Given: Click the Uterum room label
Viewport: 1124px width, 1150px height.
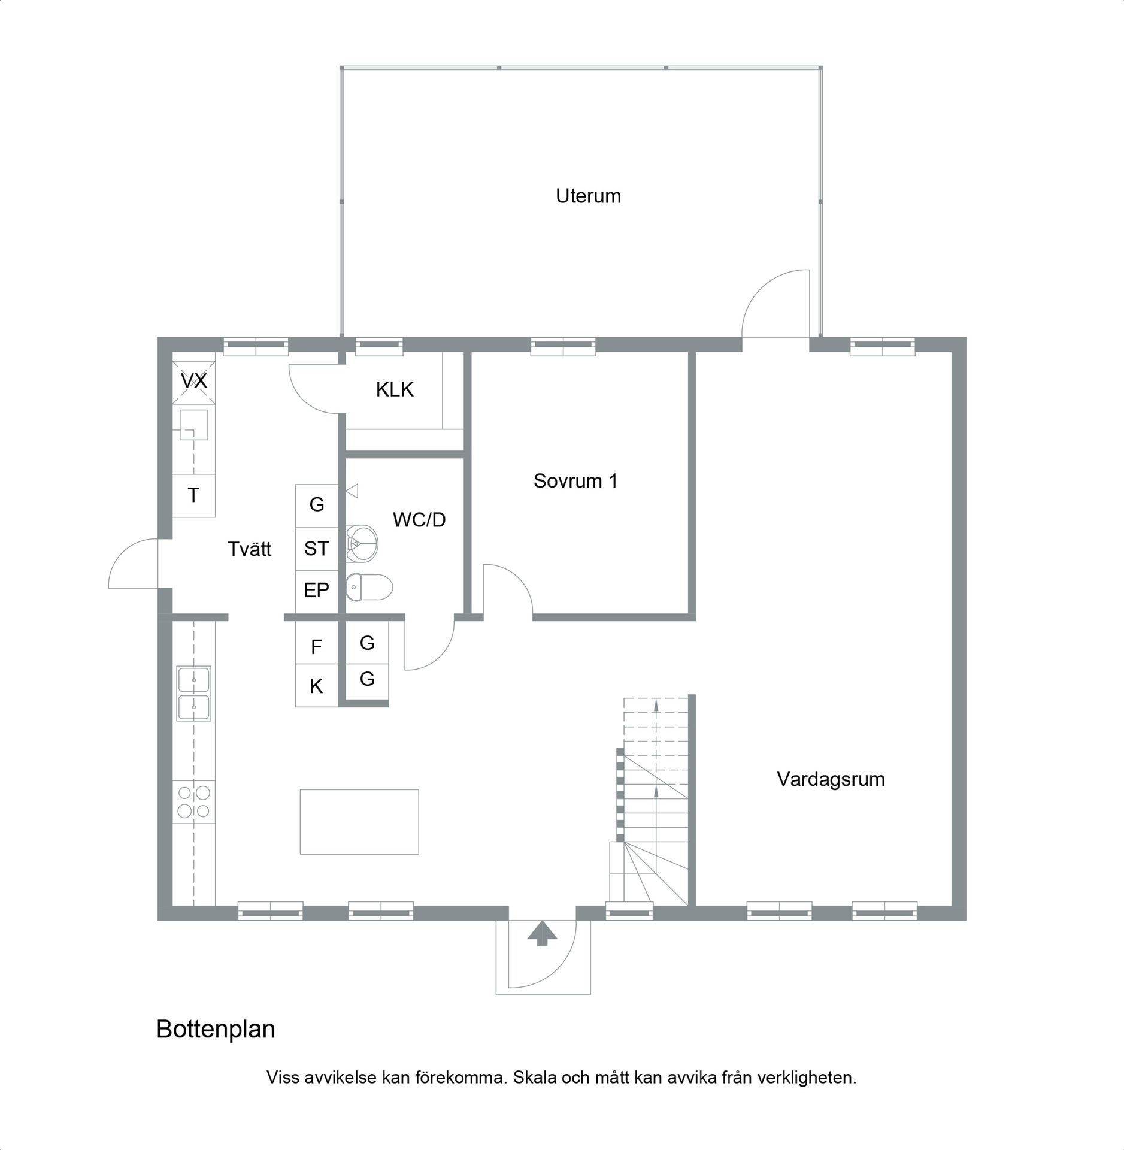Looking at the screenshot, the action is coord(588,196).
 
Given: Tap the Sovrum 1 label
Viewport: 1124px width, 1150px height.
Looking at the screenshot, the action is coord(575,480).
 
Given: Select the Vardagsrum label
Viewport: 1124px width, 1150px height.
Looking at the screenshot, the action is coord(831,779).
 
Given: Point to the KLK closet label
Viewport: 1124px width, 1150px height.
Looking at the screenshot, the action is coord(395,389).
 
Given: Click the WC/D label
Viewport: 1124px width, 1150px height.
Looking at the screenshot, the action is coord(419,519).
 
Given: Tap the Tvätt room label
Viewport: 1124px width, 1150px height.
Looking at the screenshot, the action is coord(250,549).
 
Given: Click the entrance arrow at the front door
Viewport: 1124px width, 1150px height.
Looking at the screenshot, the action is coord(542,933).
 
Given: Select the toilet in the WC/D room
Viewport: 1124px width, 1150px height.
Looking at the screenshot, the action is coord(369,587).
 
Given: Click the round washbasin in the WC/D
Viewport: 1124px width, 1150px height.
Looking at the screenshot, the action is coord(362,543).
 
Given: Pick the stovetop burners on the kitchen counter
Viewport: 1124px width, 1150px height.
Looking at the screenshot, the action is coord(194,801).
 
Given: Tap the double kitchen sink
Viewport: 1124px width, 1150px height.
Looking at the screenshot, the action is coord(194,694).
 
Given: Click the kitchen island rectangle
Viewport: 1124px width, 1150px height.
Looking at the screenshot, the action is coord(359,821).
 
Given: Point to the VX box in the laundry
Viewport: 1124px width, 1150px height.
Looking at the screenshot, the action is coord(194,382).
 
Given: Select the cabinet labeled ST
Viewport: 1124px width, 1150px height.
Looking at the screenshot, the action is coord(317,549).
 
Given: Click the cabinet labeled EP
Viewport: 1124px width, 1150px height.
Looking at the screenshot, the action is coord(317,592).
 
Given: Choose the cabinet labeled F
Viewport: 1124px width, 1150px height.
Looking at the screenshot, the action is coord(317,643).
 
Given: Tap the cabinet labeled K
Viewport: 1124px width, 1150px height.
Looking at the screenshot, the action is coord(317,686).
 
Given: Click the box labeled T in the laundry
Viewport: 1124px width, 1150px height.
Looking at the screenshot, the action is coord(194,495).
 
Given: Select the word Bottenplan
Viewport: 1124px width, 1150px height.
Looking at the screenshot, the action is coord(216,1029).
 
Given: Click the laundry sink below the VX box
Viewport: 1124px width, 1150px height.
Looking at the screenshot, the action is coord(194,424).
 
